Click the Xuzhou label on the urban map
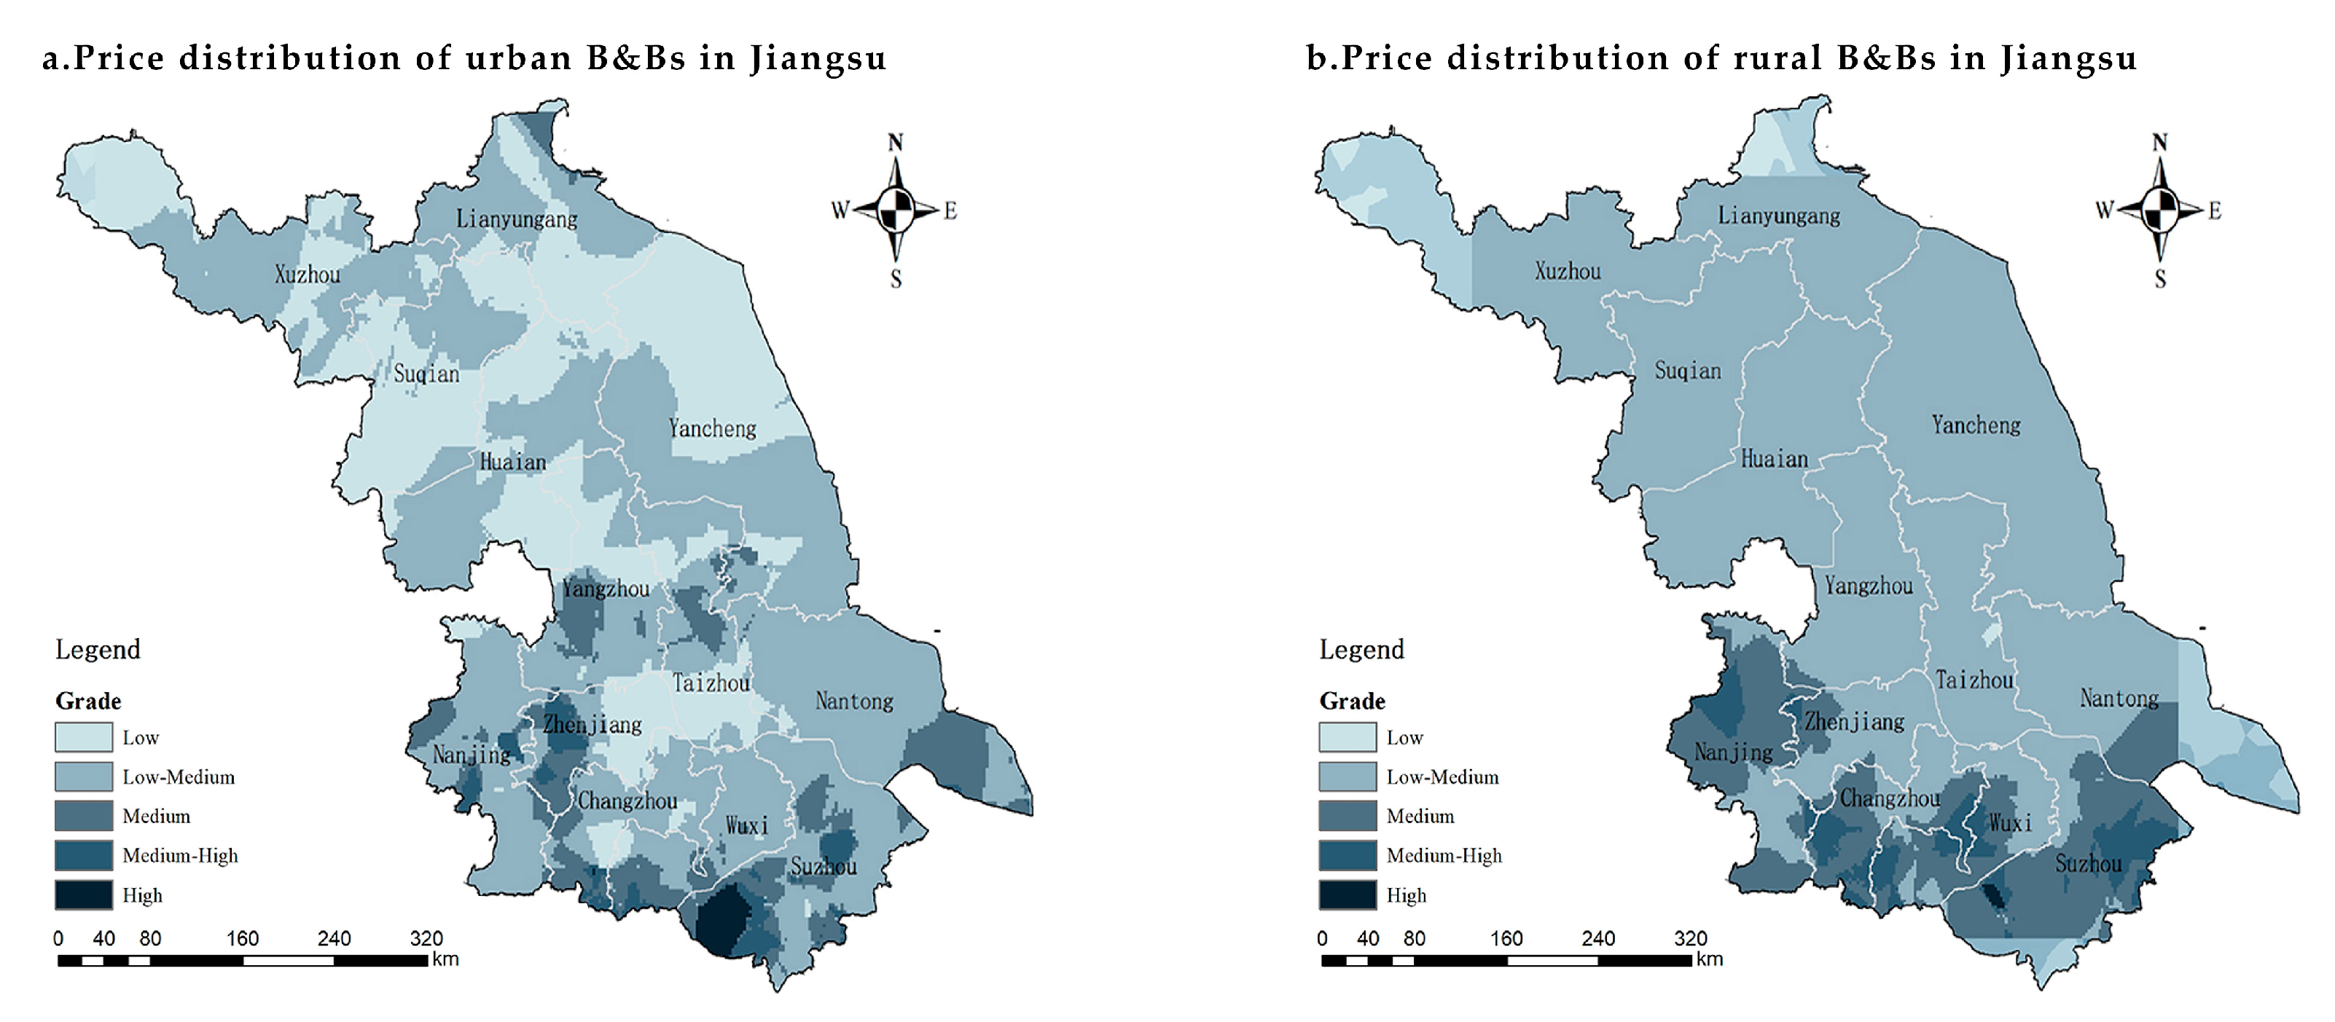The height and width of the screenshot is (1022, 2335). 308,275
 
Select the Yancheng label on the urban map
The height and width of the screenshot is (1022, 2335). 713,428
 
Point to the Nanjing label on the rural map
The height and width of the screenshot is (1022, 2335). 1733,752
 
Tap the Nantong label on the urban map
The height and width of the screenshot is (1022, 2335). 854,700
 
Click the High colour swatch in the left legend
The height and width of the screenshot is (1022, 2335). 83,895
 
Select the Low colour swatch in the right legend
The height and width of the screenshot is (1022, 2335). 1347,736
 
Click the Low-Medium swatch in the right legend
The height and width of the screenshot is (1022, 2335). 1347,777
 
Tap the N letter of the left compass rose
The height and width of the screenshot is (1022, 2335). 895,142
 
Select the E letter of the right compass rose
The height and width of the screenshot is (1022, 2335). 2215,211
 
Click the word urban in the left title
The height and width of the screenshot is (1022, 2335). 517,58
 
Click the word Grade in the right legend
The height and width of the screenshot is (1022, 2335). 1351,700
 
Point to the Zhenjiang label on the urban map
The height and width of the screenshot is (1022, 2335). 592,724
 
